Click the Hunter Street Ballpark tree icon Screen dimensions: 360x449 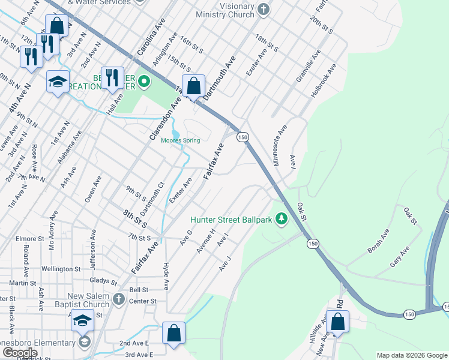click(x=281, y=220)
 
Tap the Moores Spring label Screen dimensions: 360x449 click(x=180, y=141)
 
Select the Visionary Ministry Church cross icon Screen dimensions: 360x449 click(x=263, y=10)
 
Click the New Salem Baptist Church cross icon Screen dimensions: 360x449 click(x=119, y=298)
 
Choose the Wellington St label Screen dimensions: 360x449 click(x=61, y=269)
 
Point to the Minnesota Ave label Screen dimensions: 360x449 click(x=280, y=145)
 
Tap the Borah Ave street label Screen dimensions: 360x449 click(x=378, y=240)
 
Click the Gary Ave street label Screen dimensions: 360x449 click(x=399, y=257)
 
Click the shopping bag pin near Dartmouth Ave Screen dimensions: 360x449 click(x=193, y=86)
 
